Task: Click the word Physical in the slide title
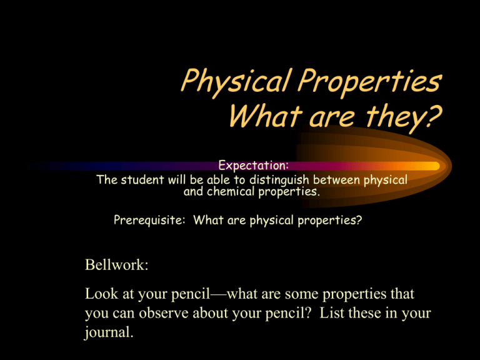click(235, 81)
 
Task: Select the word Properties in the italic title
click(370, 81)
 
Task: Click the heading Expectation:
click(254, 165)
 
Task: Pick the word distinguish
click(279, 180)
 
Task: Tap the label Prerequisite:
click(149, 220)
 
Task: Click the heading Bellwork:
click(117, 264)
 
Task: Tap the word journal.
click(109, 332)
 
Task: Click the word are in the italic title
click(332, 119)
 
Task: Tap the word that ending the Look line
click(402, 294)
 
